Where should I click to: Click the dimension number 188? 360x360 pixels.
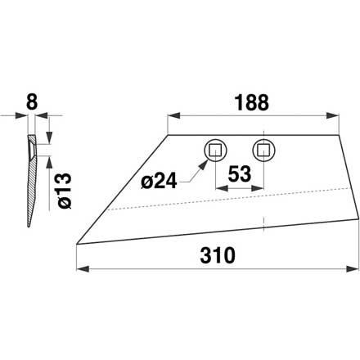252,103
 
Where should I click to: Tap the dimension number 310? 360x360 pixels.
218,255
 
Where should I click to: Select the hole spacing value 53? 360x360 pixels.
239,174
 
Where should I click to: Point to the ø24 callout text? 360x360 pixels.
159,182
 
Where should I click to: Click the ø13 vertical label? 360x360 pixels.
65,191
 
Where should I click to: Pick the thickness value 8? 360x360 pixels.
32,102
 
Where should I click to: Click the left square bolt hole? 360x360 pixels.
215,151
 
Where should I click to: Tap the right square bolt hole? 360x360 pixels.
263,151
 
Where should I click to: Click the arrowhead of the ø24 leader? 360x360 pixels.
203,164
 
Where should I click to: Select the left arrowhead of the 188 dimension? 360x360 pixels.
173,115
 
